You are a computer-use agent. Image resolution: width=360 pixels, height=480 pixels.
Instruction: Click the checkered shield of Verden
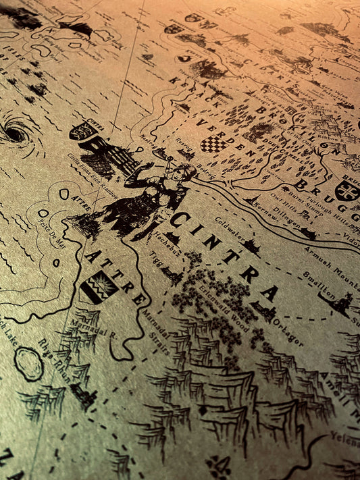tap(213, 144)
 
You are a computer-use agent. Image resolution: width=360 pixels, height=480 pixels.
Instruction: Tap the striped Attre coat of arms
tap(99, 287)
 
